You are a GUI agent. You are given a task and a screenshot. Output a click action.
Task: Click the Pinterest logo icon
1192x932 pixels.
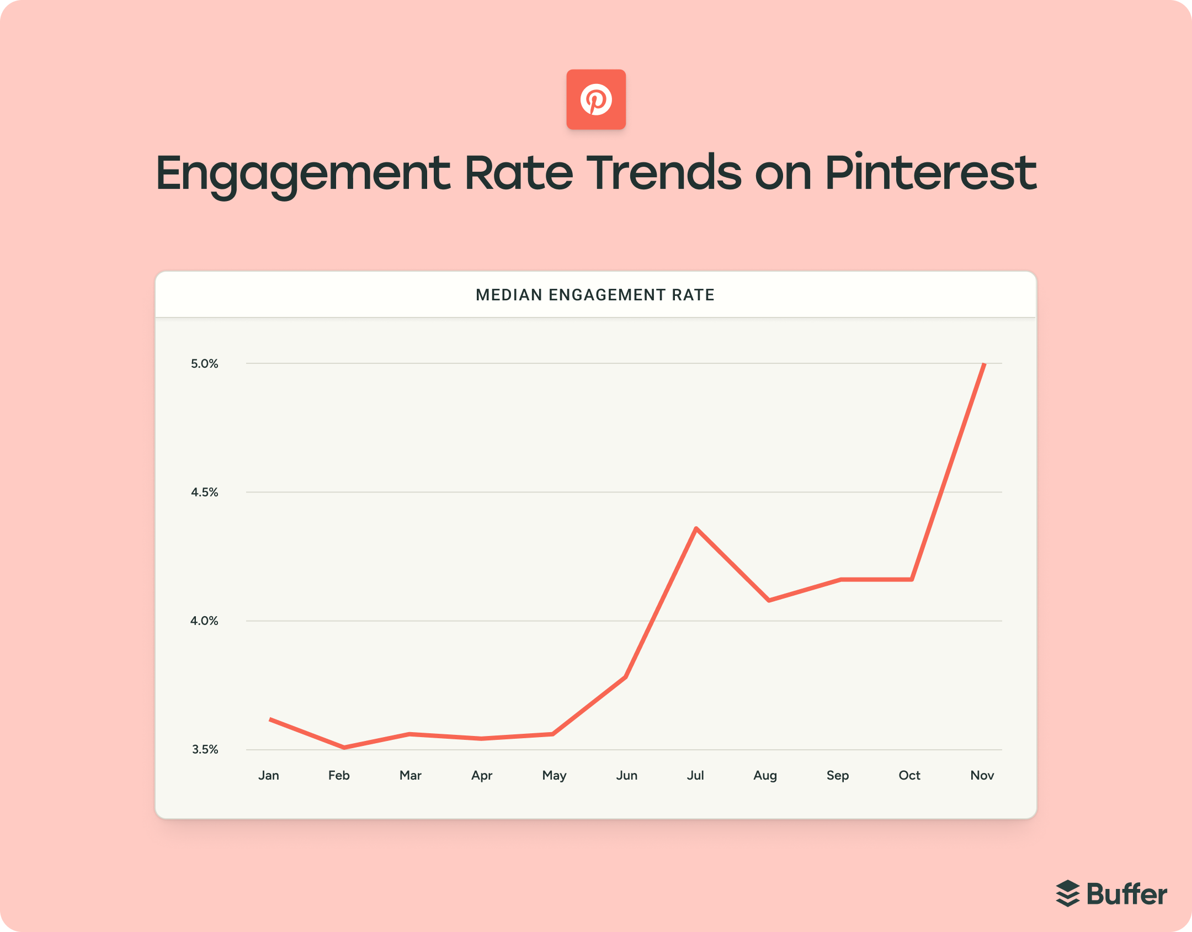[x=596, y=99]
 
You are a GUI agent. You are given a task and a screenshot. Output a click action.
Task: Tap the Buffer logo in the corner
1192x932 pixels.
[x=1111, y=893]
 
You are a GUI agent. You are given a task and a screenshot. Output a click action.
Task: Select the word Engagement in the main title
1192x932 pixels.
[x=303, y=174]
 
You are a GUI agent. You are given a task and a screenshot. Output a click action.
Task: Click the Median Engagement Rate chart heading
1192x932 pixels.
[x=595, y=295]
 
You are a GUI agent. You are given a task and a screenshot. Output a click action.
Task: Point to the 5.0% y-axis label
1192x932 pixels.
[x=205, y=364]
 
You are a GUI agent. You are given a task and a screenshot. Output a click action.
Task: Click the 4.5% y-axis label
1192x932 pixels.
[x=205, y=493]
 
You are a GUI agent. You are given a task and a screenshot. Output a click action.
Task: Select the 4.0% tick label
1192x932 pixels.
[x=205, y=621]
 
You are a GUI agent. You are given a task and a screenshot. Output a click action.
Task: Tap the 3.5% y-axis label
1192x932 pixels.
[x=205, y=750]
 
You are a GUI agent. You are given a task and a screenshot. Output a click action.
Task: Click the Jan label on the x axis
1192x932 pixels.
[x=269, y=776]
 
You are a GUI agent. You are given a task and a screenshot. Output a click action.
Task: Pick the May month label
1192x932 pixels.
[x=554, y=776]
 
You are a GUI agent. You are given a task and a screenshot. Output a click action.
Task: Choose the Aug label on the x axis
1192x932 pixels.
[x=765, y=776]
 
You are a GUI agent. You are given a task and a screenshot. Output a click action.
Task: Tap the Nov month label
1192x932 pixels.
[x=982, y=776]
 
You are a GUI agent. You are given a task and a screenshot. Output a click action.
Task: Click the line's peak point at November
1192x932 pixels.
[x=984, y=364]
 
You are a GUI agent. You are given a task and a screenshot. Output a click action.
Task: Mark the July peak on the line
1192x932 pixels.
[x=696, y=528]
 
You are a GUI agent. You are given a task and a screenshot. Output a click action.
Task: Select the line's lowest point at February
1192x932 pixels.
[x=344, y=748]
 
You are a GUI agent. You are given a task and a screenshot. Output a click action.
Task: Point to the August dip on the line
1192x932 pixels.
[x=769, y=600]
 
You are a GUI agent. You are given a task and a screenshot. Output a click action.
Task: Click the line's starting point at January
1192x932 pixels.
[x=270, y=719]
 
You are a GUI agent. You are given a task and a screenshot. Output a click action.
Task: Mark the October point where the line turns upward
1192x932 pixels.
[x=912, y=579]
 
